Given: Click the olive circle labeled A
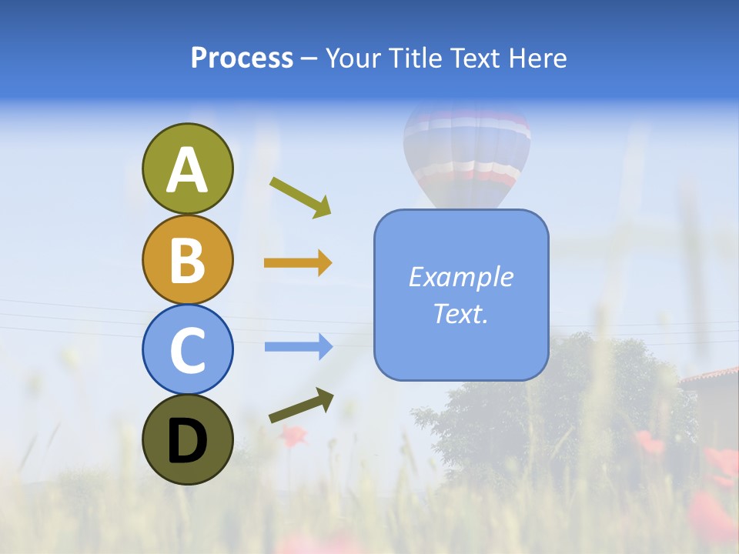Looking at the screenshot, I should tap(187, 169).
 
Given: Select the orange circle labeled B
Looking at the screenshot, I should tap(187, 259).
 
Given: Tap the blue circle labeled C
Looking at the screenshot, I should tap(187, 349).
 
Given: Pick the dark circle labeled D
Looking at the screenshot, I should tap(187, 439).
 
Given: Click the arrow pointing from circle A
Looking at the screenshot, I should tap(301, 197).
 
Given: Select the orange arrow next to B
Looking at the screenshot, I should tap(298, 263).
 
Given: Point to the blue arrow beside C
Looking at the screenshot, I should tap(298, 347).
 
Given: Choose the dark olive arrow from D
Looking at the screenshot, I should tap(301, 405).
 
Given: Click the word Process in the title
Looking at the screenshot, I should tap(242, 58).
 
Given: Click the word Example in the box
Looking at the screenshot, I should tap(461, 277).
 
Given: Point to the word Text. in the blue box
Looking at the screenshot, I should tap(460, 314).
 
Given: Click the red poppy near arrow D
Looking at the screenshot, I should tap(293, 436).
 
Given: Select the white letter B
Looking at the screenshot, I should tap(187, 259).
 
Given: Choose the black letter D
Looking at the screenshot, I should tap(187, 441).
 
